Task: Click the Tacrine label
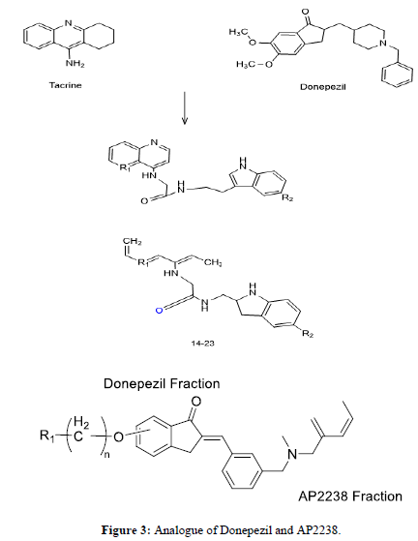tap(66, 85)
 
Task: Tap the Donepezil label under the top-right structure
tap(323, 87)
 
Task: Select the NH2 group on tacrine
tap(75, 64)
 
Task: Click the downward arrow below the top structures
tap(185, 107)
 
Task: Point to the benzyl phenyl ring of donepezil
tap(397, 75)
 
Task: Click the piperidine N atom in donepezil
tap(382, 43)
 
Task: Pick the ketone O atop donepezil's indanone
tap(305, 12)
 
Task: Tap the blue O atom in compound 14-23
tap(159, 311)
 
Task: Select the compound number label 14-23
tap(203, 343)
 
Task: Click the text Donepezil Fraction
tap(162, 383)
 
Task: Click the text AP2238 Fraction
tap(350, 496)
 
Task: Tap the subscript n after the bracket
tap(106, 455)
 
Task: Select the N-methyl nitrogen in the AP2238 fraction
tap(292, 454)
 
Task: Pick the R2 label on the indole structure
tap(287, 198)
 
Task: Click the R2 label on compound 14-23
tap(308, 334)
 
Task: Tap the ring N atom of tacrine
tap(69, 23)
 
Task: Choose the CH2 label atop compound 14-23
tap(133, 242)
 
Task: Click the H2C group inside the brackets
tap(80, 430)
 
